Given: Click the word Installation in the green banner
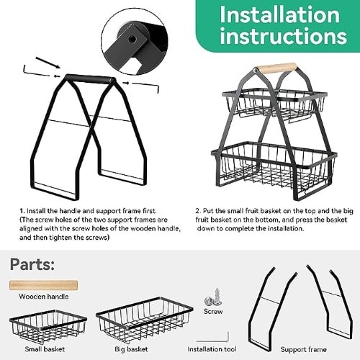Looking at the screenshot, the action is point(280,14).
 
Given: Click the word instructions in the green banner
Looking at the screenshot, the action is point(284,36).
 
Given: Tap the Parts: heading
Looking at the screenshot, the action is point(32,265).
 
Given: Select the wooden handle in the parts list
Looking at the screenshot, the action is point(43,285).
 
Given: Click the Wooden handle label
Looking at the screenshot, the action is point(43,297).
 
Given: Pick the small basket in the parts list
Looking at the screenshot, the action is point(48,326).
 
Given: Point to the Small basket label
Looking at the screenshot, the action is point(45,349).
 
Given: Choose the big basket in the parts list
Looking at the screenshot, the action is point(145,320).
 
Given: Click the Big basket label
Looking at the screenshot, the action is point(131,349).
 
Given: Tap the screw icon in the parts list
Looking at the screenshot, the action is point(213,297).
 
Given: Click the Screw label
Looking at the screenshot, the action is point(213,311).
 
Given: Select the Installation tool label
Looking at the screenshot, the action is point(212,349).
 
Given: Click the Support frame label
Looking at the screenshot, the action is point(303,349).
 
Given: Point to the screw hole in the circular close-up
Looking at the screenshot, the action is point(132,39).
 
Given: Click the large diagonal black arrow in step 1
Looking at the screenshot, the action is point(48,63).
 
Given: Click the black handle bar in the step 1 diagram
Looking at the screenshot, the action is point(90,79).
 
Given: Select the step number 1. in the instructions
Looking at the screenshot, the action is point(22,211).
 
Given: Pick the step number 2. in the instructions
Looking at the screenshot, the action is point(198,211).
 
